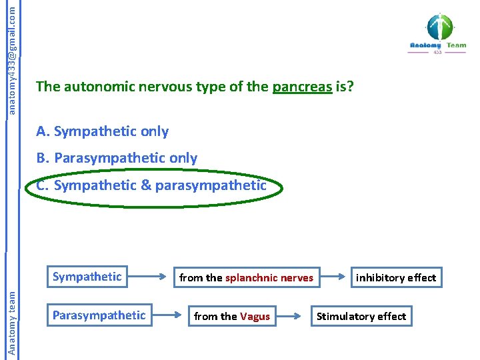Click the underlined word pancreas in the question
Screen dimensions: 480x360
(302, 87)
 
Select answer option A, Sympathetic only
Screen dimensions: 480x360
(103, 131)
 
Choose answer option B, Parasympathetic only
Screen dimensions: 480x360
(117, 158)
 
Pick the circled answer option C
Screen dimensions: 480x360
(151, 185)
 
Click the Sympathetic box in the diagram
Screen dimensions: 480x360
(87, 277)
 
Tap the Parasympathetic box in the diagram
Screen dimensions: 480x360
(99, 315)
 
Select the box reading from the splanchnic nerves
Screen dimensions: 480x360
(246, 277)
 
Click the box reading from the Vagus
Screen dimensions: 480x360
(231, 316)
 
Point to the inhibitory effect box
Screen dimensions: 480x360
(396, 277)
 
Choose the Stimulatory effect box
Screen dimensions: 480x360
(361, 316)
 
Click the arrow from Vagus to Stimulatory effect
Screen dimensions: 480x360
(295, 315)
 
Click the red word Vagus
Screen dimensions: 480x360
(255, 317)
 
